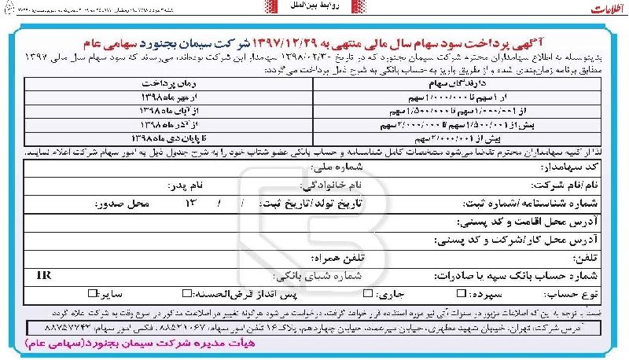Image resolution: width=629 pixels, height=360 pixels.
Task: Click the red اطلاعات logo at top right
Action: coord(599,11)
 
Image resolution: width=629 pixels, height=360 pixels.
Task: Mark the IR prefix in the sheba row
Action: coord(44,275)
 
